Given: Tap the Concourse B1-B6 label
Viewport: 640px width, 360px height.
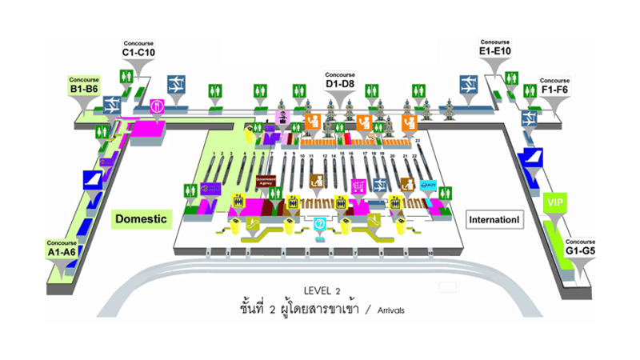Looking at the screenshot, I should click(83, 86).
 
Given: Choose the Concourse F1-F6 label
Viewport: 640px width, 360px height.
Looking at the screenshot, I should click(554, 86).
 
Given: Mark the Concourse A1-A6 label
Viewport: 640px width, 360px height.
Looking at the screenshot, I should click(61, 247).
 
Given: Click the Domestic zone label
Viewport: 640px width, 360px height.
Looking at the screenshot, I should click(141, 218).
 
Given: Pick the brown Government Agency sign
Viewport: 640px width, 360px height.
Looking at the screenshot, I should click(266, 182).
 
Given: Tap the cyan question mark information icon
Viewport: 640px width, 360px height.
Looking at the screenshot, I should click(320, 223).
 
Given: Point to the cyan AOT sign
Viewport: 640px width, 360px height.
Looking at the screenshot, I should click(427, 185).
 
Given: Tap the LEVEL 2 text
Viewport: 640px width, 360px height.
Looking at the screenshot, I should click(322, 290).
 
